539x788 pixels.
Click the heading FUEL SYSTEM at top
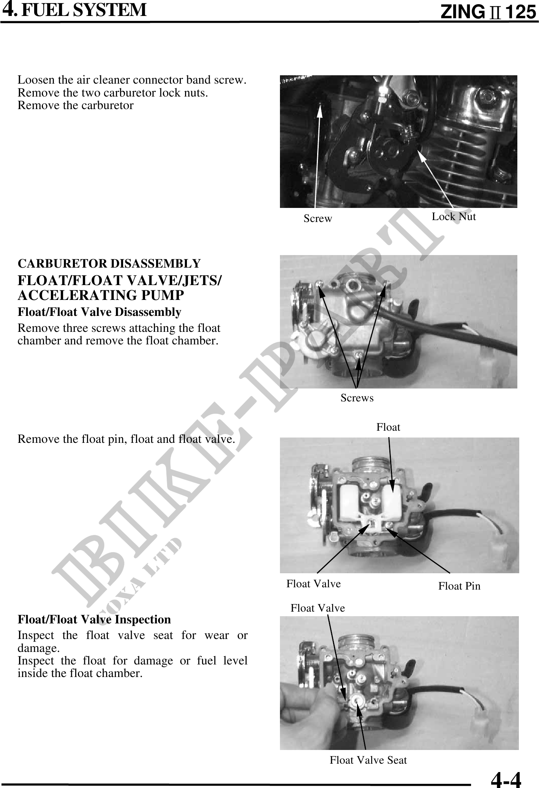pyautogui.click(x=84, y=10)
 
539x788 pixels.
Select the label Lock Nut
pyautogui.click(x=454, y=217)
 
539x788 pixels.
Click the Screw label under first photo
pyautogui.click(x=318, y=219)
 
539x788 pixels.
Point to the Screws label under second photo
pyautogui.click(x=357, y=398)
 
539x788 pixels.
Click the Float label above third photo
pyautogui.click(x=388, y=427)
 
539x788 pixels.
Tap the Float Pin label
pyautogui.click(x=459, y=586)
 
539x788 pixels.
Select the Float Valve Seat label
pyautogui.click(x=368, y=760)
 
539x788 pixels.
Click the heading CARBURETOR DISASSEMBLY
pyautogui.click(x=109, y=263)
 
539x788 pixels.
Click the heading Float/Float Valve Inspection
pyautogui.click(x=94, y=619)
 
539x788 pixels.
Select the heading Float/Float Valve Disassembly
pyautogui.click(x=100, y=312)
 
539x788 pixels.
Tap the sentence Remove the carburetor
pyautogui.click(x=76, y=105)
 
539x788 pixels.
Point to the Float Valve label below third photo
pyautogui.click(x=313, y=583)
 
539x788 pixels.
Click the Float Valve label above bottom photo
pyautogui.click(x=318, y=608)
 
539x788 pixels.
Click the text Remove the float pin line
pyautogui.click(x=126, y=439)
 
